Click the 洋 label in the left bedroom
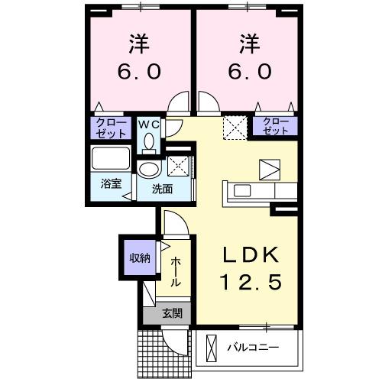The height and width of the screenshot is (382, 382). pos(140,44)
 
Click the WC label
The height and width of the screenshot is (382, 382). pos(148,121)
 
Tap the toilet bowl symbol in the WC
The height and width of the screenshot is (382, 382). pos(148,141)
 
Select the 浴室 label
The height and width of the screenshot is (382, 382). pos(112,184)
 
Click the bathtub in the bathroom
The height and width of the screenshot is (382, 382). pos(112,160)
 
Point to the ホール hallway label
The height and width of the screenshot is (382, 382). pos(175,271)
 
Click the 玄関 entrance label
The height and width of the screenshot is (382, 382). pos(171,312)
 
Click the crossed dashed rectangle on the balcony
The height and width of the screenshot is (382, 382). pos(211,348)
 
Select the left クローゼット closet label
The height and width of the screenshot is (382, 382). pos(112,126)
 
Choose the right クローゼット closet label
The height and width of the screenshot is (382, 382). pos(276,126)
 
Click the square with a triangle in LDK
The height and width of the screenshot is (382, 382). pos(269,169)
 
